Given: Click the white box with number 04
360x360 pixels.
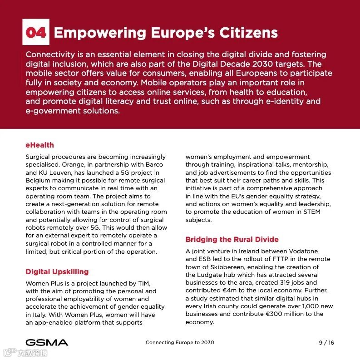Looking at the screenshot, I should pos(35,32).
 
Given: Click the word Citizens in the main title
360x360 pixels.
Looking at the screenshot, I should pos(249,33).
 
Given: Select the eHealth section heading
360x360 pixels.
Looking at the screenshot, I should pos(39,145).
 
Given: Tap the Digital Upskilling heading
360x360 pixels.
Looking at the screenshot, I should pos(57,272).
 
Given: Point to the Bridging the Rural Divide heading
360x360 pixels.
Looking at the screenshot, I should pos(232,240).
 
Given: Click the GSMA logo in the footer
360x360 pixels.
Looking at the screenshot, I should pos(47,342).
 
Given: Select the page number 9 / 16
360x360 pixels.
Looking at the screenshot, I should pos(326,343).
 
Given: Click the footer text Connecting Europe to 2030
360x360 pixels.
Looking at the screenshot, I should pos(180,343).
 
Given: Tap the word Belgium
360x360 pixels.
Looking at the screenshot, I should pos(38,181).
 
